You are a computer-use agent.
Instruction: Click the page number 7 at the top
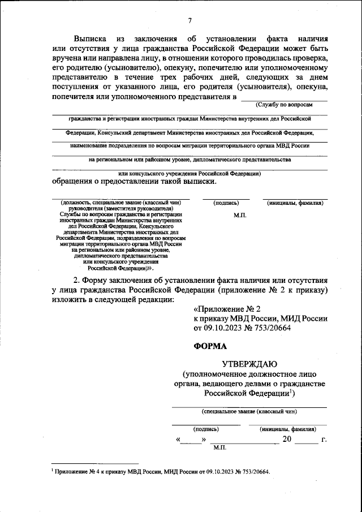point(189,21)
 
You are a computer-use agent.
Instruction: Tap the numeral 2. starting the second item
point(77,279)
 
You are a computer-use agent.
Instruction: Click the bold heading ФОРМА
point(210,346)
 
